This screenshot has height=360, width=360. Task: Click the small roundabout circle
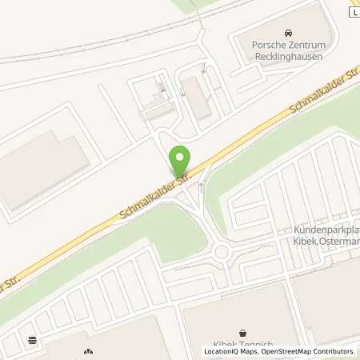222,254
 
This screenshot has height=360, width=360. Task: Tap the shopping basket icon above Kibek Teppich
242,331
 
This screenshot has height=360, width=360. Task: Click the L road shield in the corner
354,12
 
